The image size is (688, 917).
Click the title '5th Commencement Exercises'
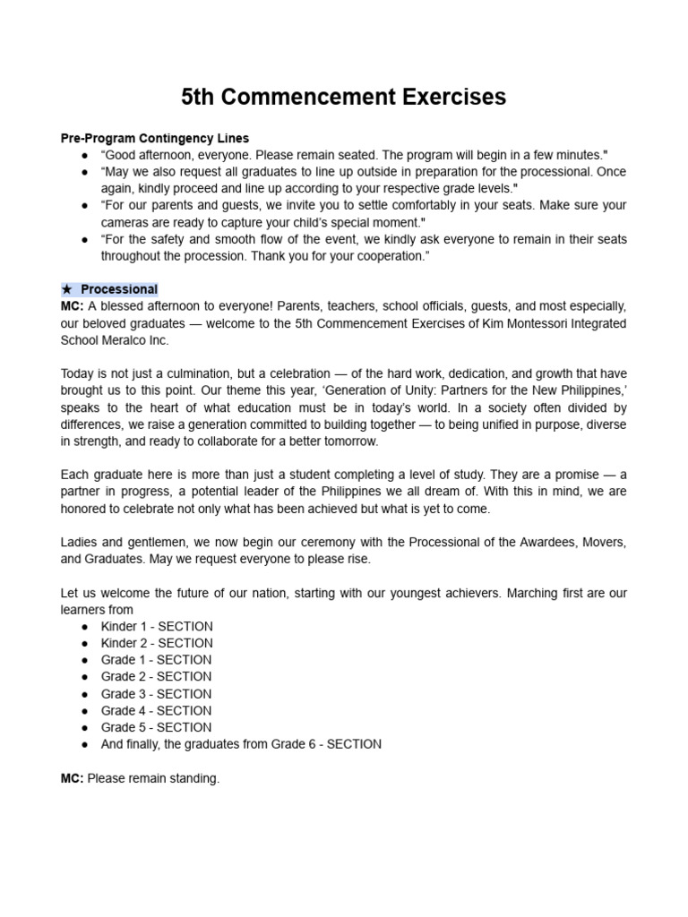(x=343, y=97)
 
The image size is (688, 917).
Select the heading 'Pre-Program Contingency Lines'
(x=154, y=138)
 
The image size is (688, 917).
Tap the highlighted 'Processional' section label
(x=118, y=289)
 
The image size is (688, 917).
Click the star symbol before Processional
(x=67, y=289)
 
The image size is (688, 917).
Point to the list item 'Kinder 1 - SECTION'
(x=157, y=626)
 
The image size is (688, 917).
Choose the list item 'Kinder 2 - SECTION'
(x=157, y=643)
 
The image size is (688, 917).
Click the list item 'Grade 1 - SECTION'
(x=156, y=660)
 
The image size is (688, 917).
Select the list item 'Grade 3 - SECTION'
(x=156, y=694)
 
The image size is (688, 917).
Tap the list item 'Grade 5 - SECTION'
(x=156, y=727)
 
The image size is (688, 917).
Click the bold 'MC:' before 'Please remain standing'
(x=72, y=778)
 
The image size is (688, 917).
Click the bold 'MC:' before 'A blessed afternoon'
(x=72, y=306)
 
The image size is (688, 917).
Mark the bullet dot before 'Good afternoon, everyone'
(x=84, y=155)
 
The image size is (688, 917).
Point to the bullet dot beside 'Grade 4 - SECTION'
(x=84, y=711)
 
